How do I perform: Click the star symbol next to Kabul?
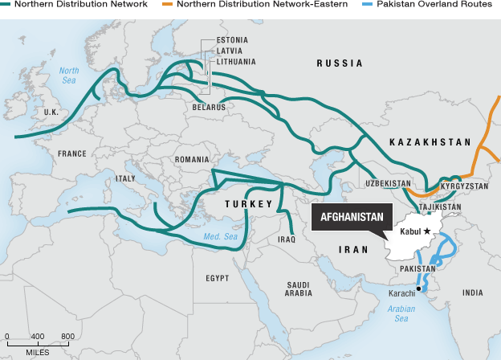427,231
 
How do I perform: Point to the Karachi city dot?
418,288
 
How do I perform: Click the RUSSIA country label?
339,63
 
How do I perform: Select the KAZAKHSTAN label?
429,141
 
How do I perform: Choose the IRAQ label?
287,239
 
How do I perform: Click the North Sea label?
70,75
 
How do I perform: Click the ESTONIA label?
232,40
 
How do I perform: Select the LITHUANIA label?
235,61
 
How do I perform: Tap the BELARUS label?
210,106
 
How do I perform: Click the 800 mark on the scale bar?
68,336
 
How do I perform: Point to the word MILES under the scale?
37,352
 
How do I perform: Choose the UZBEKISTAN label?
388,184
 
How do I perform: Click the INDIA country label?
474,293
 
